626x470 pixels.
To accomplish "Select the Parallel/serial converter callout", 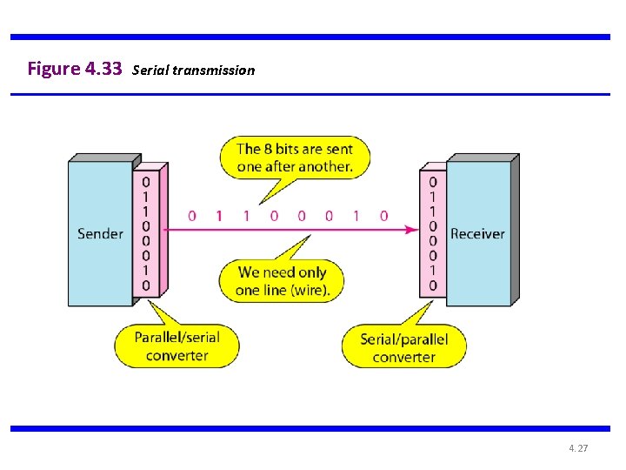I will coord(176,346).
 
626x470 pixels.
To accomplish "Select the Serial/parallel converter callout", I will coord(403,347).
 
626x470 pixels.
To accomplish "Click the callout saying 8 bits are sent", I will coord(294,158).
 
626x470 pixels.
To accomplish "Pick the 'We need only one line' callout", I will coord(282,281).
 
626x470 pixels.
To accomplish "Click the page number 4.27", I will coord(578,448).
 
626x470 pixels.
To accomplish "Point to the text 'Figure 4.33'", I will coord(75,69).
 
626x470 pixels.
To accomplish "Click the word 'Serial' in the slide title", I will coord(150,70).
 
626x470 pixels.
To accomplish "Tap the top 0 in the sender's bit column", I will coord(146,182).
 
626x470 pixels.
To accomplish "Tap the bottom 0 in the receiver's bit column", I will coord(432,285).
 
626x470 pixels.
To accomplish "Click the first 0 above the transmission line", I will coord(191,216).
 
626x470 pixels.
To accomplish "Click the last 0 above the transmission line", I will coord(383,216).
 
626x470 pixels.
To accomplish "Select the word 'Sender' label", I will coord(100,233).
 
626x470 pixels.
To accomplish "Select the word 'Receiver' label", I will coord(477,233).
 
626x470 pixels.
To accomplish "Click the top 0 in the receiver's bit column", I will coord(432,182).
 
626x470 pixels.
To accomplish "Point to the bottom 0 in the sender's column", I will coord(146,285).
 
